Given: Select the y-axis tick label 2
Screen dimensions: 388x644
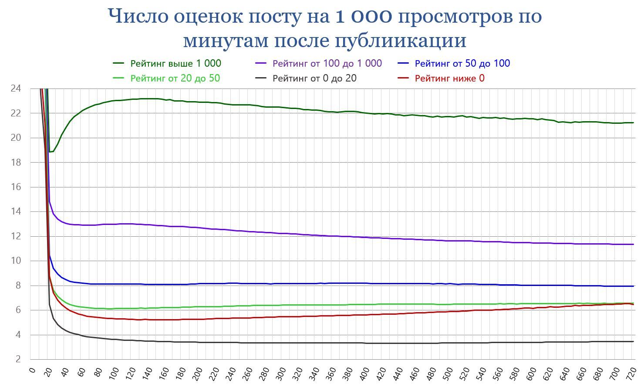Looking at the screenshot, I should (x=18, y=359).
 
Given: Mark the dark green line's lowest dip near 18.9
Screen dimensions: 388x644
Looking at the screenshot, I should (x=50, y=152).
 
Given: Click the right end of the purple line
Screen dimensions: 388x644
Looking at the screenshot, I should (x=633, y=244).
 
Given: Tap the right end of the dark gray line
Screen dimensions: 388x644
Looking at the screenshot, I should (x=633, y=341).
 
